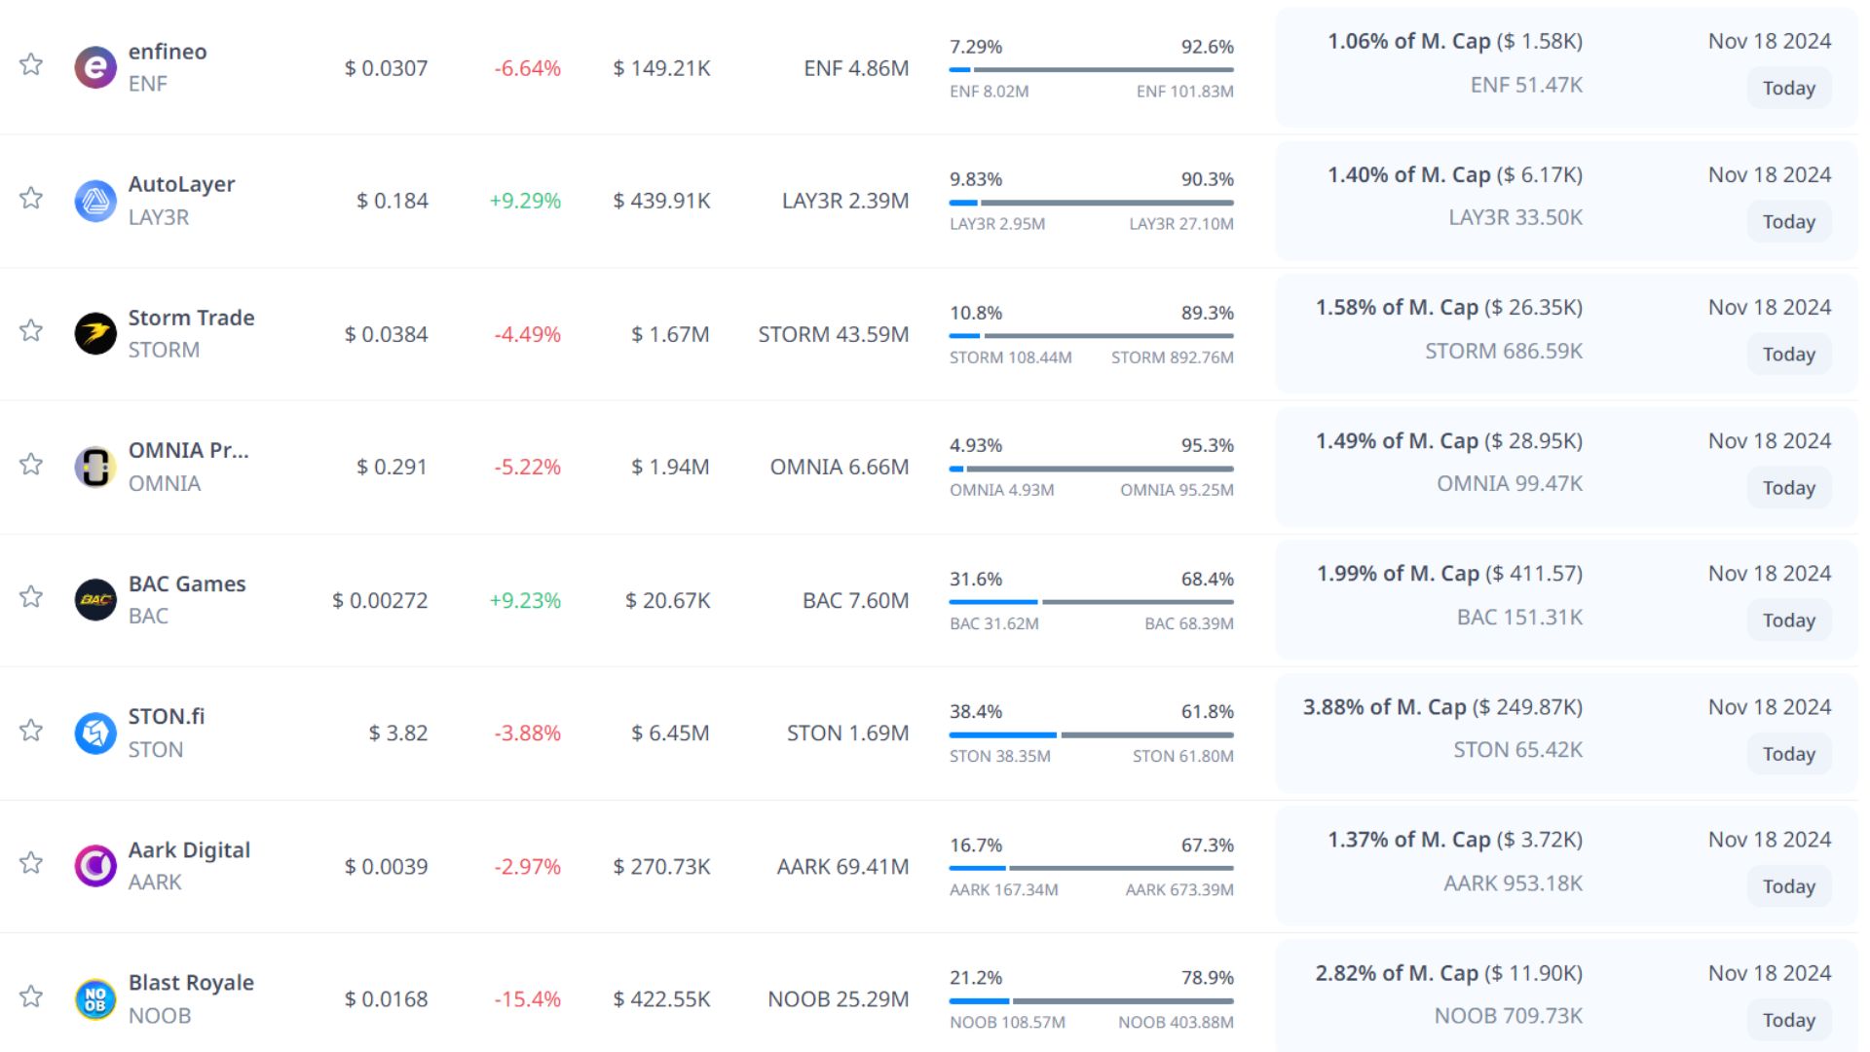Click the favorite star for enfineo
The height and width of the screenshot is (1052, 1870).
click(x=31, y=65)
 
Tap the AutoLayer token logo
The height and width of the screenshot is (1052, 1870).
click(x=95, y=201)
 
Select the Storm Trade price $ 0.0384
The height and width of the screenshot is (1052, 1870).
click(x=386, y=334)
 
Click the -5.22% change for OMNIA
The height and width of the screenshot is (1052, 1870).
click(x=527, y=468)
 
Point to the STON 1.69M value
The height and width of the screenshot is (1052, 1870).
click(x=847, y=733)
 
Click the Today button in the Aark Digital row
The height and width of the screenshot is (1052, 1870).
click(x=1788, y=886)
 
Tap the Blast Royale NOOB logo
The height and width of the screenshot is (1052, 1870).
click(x=95, y=999)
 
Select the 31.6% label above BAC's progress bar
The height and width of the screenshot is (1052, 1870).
click(x=976, y=580)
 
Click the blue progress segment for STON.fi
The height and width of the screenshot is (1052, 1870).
click(x=1002, y=734)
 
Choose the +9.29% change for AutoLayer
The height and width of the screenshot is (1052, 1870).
click(x=525, y=201)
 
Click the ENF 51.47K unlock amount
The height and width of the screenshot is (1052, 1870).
click(x=1526, y=86)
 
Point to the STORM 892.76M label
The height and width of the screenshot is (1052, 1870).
click(x=1172, y=357)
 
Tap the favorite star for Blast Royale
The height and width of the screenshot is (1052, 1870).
click(x=31, y=996)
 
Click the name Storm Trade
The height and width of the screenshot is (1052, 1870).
click(x=191, y=318)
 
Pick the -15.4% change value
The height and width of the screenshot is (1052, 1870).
click(x=527, y=999)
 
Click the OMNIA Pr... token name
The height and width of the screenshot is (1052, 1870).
click(x=189, y=451)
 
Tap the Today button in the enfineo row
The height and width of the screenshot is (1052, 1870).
click(x=1788, y=89)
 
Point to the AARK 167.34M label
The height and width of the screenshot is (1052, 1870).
click(x=1003, y=889)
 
